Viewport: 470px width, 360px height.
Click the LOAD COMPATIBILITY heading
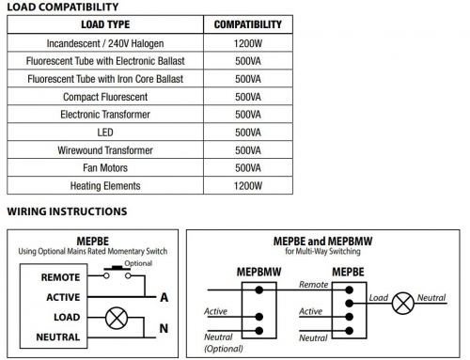[x=63, y=7]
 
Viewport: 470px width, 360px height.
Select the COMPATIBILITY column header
[x=248, y=24]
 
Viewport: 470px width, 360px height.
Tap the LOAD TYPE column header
[x=105, y=24]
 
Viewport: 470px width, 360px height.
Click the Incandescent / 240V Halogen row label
[x=105, y=43]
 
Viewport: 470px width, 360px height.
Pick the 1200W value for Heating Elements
[x=248, y=186]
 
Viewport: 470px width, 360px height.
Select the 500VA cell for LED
[x=248, y=133]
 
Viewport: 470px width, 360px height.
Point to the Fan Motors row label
[x=105, y=168]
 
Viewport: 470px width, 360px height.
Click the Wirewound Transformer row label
[x=105, y=150]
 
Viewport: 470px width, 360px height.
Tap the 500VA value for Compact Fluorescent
[x=248, y=97]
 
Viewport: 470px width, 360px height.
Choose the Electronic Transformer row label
[x=105, y=115]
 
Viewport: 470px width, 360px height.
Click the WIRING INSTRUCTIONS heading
[x=67, y=211]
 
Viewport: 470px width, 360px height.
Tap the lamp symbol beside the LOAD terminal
[x=117, y=318]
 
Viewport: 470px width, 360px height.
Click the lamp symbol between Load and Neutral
[x=403, y=304]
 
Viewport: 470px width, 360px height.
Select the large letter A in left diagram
[x=164, y=297]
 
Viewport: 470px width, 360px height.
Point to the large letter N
[x=164, y=328]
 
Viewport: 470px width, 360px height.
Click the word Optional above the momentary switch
[x=138, y=263]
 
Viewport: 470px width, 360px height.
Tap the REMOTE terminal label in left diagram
[x=60, y=277]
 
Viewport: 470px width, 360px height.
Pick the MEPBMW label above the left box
[x=258, y=272]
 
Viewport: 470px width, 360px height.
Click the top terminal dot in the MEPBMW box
[x=258, y=290]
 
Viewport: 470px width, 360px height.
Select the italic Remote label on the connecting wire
[x=314, y=285]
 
